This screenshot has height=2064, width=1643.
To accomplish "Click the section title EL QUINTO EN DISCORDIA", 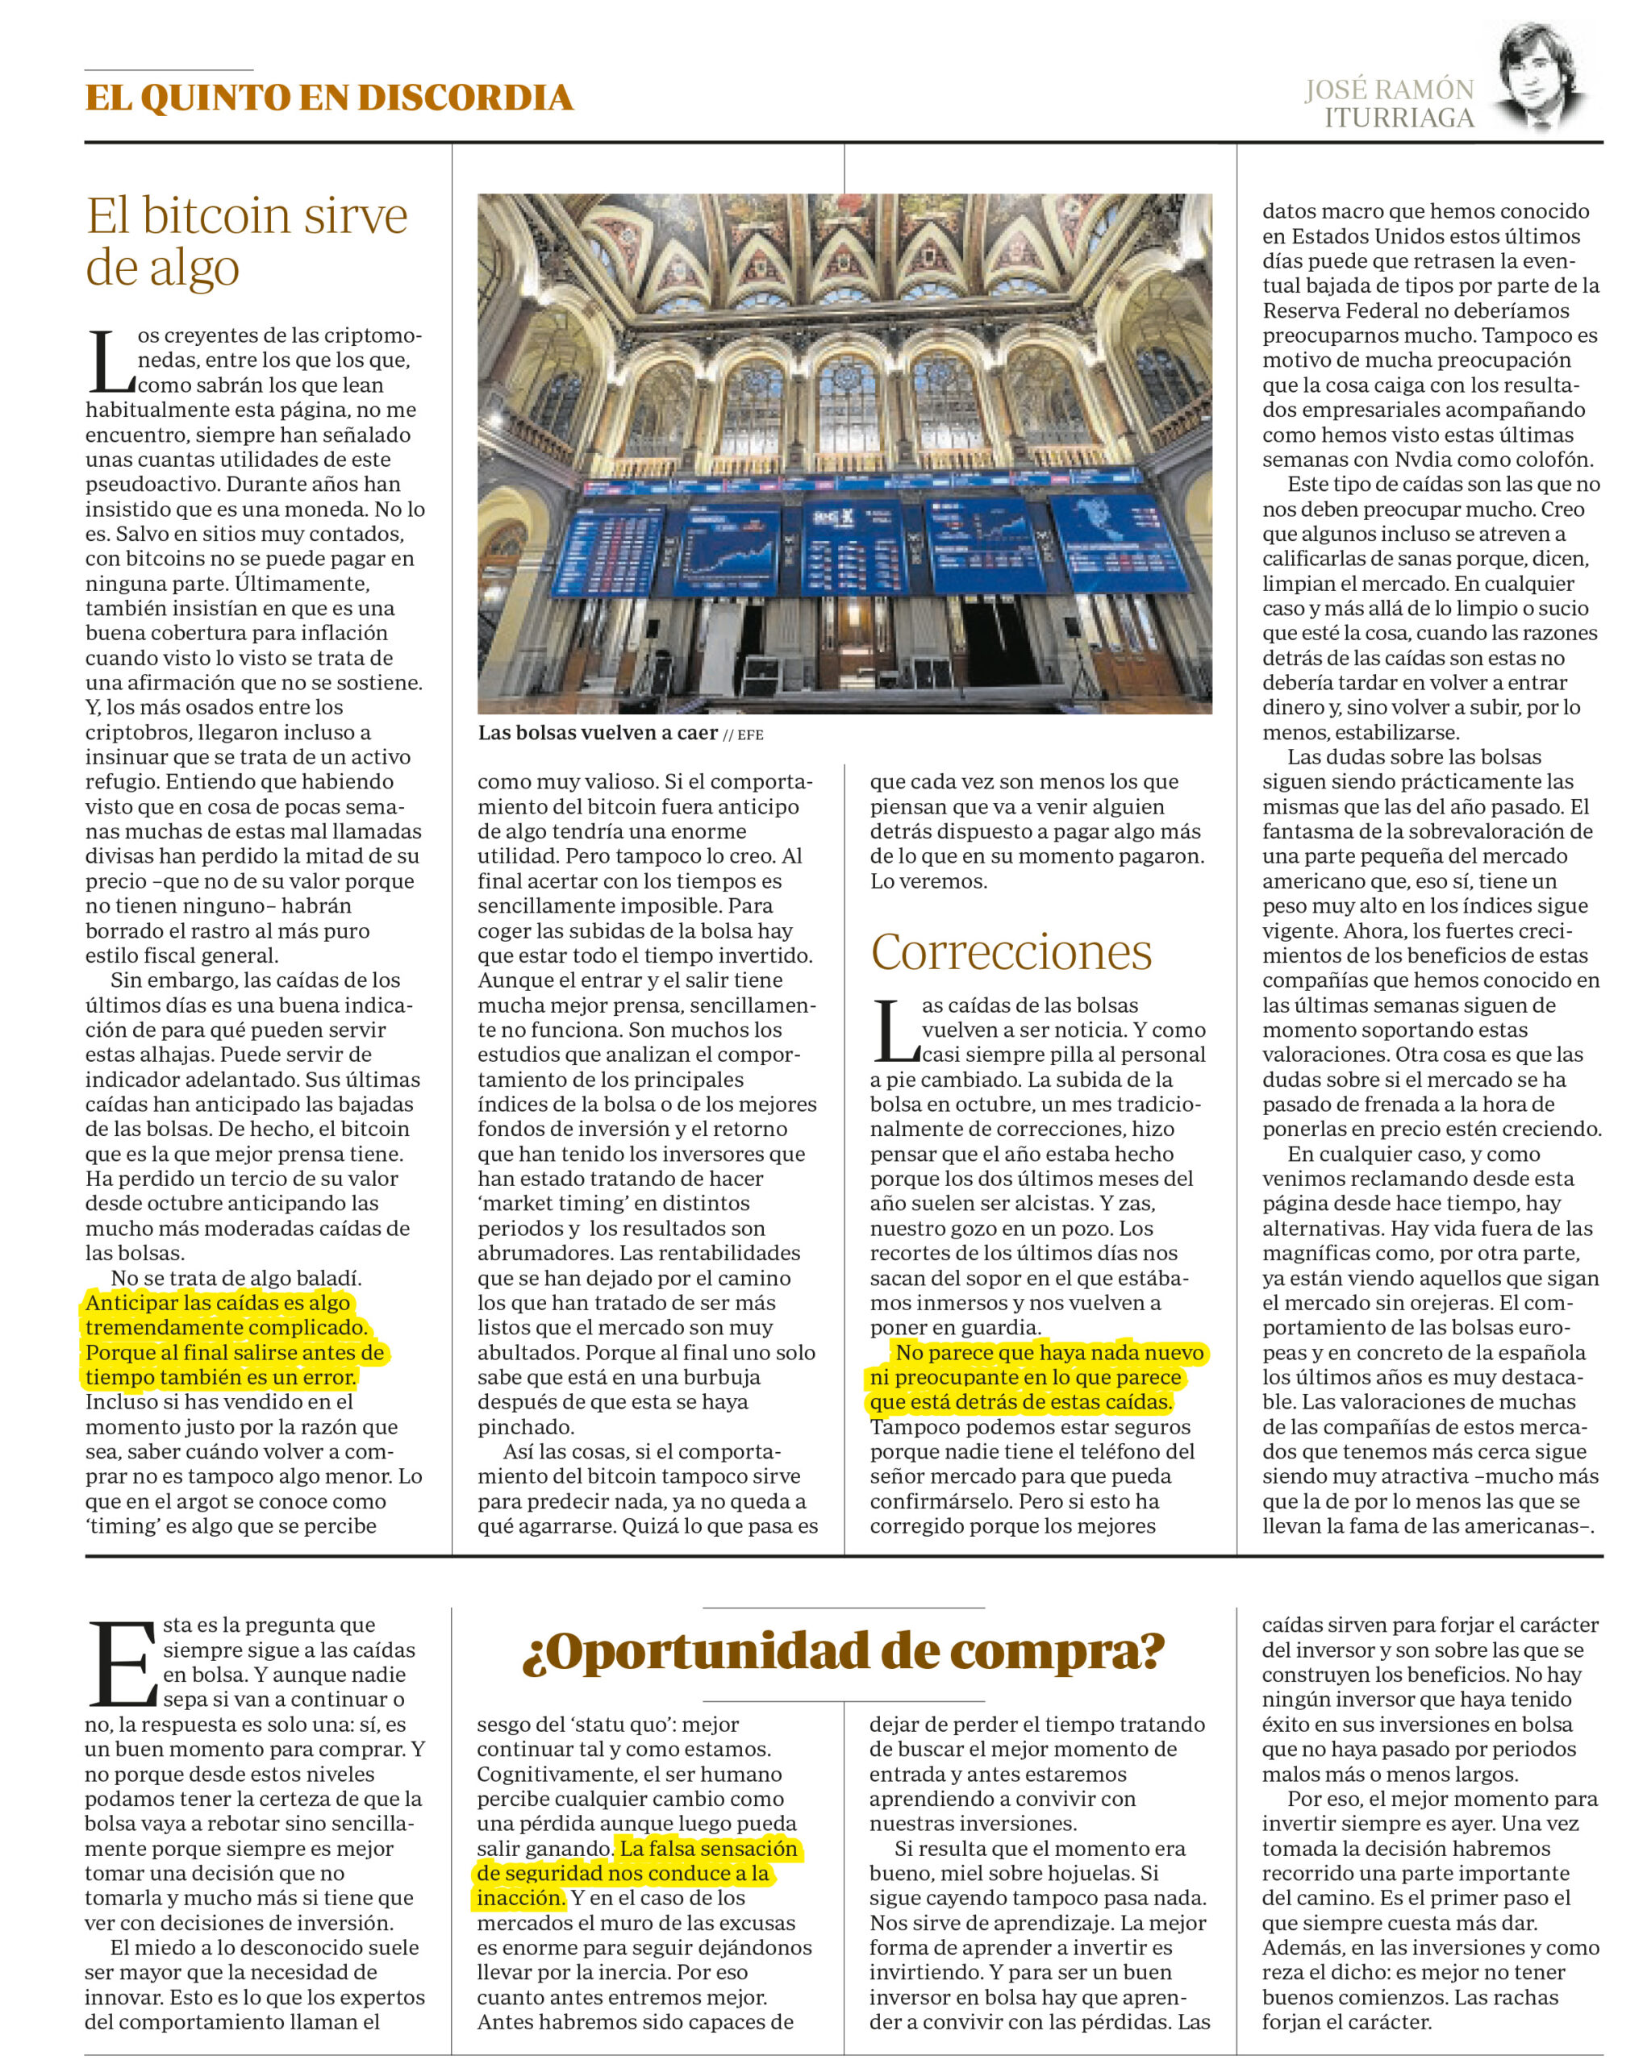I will coord(328,98).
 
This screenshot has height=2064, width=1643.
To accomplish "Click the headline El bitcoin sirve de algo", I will coord(246,240).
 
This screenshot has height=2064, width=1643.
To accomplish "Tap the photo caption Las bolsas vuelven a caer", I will coord(598,734).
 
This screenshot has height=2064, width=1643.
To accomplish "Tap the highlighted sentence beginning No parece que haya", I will coord(1037,1378).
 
